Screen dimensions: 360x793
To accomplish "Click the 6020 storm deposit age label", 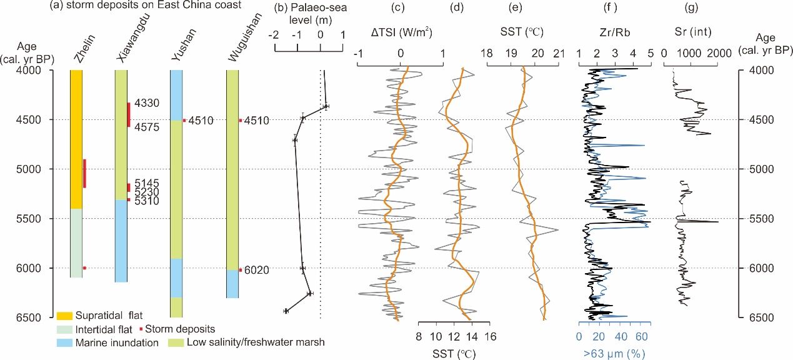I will (256, 270).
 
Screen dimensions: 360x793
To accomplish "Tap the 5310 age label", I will (145, 201).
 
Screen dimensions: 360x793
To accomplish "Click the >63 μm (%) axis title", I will (614, 354).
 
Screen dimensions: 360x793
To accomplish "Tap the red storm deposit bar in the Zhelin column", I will (84, 173).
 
